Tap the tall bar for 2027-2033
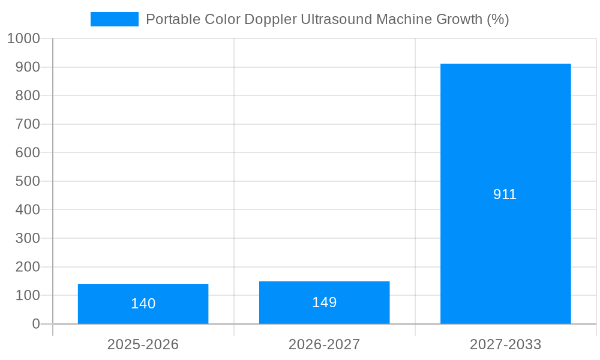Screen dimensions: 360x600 (505, 150)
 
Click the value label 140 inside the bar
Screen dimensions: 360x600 (143, 304)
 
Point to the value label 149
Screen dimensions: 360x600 (324, 302)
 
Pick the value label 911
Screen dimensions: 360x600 (505, 194)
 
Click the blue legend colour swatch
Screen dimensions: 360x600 (114, 19)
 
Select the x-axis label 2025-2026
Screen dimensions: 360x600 (143, 344)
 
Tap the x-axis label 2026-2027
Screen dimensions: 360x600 (324, 344)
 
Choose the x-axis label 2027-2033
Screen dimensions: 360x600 (505, 344)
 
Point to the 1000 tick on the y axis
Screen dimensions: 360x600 (23, 38)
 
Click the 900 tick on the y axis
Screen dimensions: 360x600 (28, 67)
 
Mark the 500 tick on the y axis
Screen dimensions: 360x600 (28, 181)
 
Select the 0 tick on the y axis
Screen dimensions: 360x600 (35, 324)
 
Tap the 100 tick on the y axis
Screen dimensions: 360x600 (28, 295)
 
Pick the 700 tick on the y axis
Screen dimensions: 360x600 (28, 124)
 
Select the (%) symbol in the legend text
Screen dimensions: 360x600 (497, 19)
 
